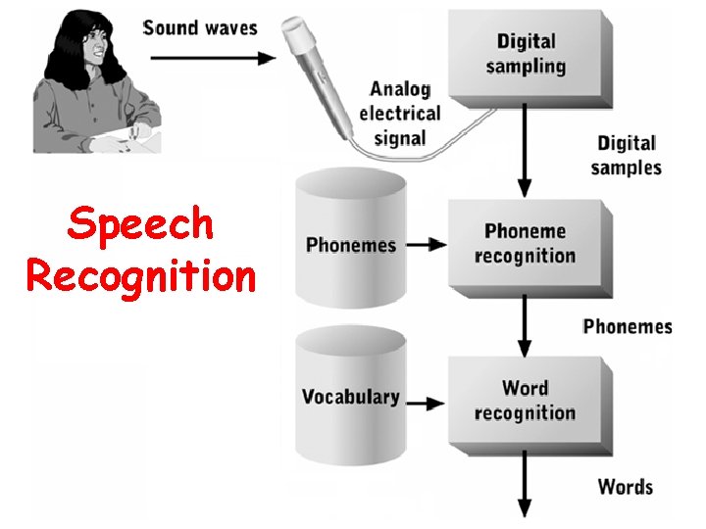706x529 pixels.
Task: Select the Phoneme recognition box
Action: click(525, 244)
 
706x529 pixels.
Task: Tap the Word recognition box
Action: click(525, 401)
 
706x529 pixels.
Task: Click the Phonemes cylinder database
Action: click(351, 241)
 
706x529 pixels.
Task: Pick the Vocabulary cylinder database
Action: click(351, 396)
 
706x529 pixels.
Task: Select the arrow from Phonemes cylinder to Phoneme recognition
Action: click(426, 245)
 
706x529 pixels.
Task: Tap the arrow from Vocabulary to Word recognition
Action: click(426, 402)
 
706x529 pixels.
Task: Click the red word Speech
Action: click(140, 225)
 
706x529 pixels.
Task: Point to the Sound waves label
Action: click(200, 26)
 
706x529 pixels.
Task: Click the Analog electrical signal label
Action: click(399, 113)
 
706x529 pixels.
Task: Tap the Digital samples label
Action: click(627, 156)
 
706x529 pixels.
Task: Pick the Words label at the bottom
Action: click(626, 486)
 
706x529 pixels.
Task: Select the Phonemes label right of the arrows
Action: click(628, 326)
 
